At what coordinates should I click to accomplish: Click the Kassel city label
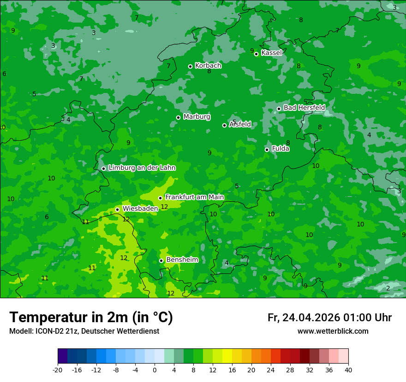click(x=271, y=53)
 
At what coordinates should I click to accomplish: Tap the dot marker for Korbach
click(x=190, y=66)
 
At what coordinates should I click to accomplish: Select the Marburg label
click(x=197, y=117)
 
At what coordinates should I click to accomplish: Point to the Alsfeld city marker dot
click(x=225, y=125)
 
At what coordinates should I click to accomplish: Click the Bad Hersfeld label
click(x=304, y=108)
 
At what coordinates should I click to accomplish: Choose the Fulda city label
click(x=281, y=149)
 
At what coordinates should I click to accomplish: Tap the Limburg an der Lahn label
click(x=142, y=168)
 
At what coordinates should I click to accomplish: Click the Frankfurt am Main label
click(x=194, y=197)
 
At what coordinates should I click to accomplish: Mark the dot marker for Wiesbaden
click(x=117, y=209)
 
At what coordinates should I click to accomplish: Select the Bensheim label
click(x=182, y=260)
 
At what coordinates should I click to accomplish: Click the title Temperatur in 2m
click(x=91, y=318)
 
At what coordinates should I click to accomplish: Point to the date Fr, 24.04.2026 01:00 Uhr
click(x=329, y=318)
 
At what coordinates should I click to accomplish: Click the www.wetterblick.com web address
click(x=333, y=331)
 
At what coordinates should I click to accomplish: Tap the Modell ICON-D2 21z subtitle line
click(x=84, y=331)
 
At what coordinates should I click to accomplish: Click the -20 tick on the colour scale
click(x=58, y=370)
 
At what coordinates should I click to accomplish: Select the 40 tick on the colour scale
click(x=348, y=370)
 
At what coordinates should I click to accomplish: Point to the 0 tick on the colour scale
click(x=155, y=370)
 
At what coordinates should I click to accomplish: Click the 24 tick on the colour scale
click(x=271, y=370)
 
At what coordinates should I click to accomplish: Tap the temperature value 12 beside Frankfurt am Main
click(x=164, y=207)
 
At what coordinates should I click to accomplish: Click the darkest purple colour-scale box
click(x=62, y=356)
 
